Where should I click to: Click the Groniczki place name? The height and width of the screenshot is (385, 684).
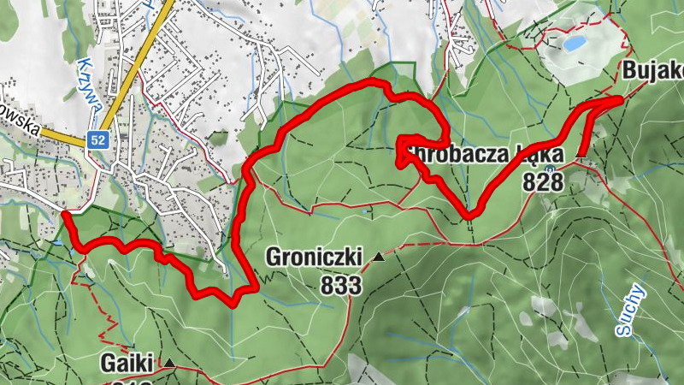[313, 257]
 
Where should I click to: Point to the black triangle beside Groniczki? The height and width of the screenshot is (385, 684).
[378, 256]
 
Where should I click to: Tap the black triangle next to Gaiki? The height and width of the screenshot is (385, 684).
[169, 364]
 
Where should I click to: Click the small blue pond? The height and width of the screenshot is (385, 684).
[575, 42]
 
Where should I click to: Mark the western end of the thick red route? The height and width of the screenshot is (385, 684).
[65, 214]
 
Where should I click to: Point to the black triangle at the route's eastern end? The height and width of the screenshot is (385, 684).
[581, 156]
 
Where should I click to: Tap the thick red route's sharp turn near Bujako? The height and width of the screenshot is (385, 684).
[617, 100]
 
